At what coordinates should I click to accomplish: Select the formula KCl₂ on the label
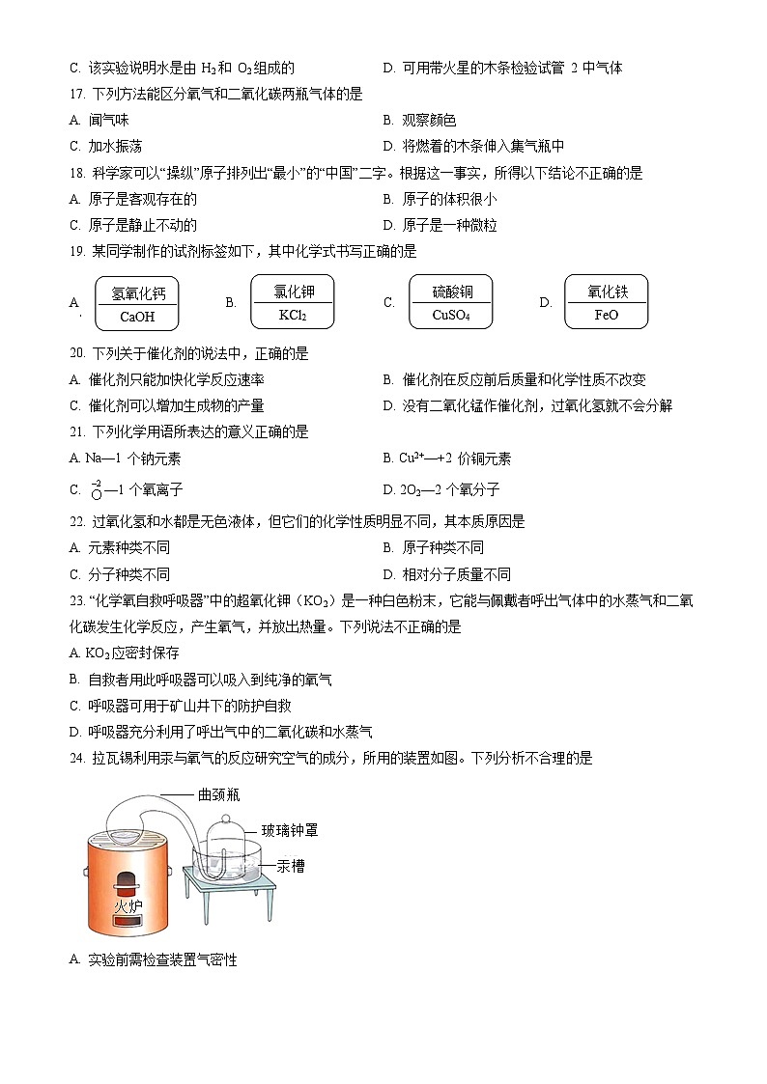coord(292,315)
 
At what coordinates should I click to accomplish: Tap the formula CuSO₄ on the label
coord(450,315)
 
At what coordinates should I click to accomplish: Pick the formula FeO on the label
coord(606,315)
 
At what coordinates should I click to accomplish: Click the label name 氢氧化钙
coord(137,292)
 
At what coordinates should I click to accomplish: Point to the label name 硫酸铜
coord(450,291)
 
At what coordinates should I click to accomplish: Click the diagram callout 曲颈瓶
coord(218,794)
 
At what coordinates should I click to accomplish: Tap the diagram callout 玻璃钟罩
coord(290,829)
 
